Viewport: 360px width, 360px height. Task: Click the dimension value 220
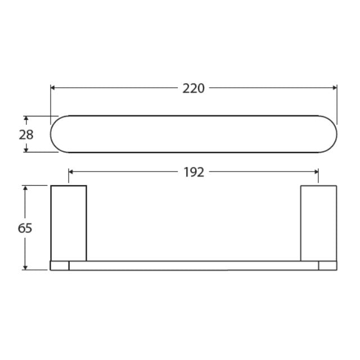(193, 88)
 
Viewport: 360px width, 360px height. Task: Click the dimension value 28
(26, 134)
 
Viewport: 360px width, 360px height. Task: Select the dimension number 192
(193, 172)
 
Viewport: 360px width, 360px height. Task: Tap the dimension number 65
(25, 228)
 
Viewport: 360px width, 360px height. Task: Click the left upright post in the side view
(69, 222)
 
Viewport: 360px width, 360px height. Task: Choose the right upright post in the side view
(318, 222)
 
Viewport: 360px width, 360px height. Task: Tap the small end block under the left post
(60, 265)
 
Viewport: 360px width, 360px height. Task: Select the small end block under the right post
(327, 265)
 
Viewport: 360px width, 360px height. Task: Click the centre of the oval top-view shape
(194, 134)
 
